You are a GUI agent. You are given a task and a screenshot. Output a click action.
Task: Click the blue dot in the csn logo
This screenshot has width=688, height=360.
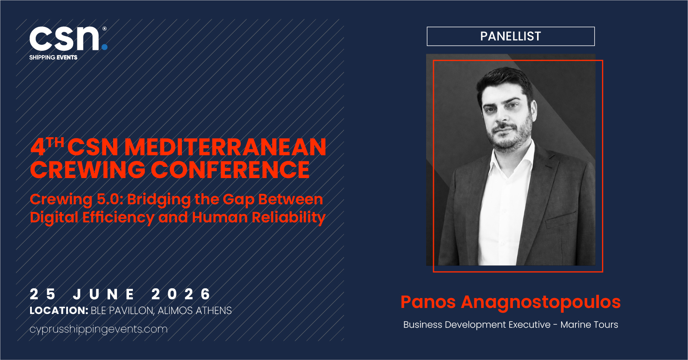[104, 47]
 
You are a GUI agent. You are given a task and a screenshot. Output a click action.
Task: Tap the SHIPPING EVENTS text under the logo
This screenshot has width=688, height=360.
[53, 58]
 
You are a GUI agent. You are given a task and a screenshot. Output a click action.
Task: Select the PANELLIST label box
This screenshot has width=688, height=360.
[510, 36]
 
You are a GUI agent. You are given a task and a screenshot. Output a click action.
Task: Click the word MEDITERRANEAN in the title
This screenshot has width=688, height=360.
[225, 147]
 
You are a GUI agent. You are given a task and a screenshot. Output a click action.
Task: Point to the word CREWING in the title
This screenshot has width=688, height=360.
[87, 170]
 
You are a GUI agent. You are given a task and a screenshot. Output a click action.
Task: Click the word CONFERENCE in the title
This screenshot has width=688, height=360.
[230, 170]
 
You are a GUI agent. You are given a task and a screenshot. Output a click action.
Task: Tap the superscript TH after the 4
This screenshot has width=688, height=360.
[55, 142]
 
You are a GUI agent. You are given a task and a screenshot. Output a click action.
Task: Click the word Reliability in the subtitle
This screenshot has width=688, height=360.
[289, 218]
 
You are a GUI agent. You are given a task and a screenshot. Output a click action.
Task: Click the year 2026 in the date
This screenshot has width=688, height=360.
[181, 294]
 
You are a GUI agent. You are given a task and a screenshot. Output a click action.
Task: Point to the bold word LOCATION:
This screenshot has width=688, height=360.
[59, 311]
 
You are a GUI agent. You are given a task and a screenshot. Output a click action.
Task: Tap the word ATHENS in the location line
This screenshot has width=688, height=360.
[214, 311]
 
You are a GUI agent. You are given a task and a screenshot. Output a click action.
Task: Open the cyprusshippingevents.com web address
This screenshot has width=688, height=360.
[98, 329]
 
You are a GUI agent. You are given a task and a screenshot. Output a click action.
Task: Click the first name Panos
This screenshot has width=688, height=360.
[428, 302]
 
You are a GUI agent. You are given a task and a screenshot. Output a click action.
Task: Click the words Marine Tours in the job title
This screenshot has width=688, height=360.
[589, 325]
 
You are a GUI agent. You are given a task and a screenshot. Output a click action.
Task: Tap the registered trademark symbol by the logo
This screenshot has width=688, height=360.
[104, 28]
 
